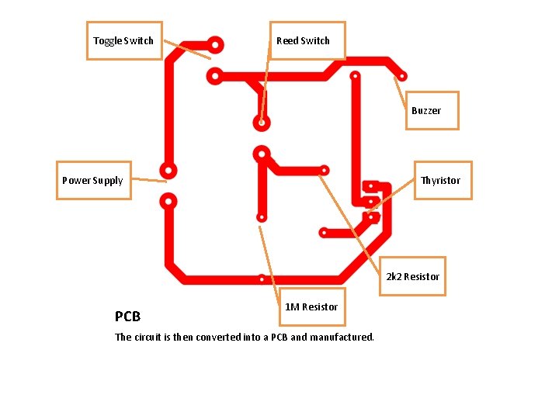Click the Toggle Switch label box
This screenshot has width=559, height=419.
click(123, 40)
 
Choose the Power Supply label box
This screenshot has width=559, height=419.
click(93, 180)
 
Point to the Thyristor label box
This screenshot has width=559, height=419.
click(440, 180)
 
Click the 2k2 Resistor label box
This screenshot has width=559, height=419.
click(412, 276)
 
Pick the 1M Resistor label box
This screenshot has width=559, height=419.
click(311, 307)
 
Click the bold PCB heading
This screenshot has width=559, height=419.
click(127, 317)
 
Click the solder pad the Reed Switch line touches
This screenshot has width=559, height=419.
click(262, 123)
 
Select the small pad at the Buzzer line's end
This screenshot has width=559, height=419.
click(401, 77)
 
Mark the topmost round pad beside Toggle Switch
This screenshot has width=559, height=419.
click(215, 45)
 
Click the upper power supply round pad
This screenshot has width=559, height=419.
click(167, 170)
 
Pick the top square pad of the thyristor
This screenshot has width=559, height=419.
click(371, 186)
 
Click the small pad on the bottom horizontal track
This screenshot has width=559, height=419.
click(262, 278)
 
